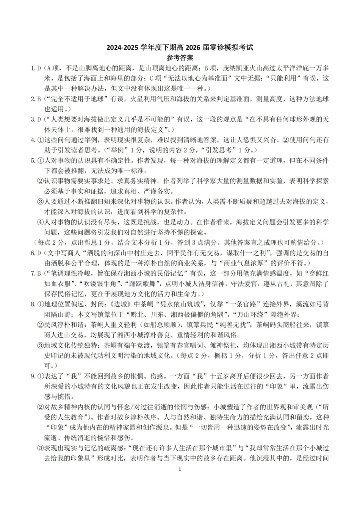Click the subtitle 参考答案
(x=180, y=58)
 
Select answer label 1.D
(x=35, y=69)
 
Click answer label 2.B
(x=35, y=99)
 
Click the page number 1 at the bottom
(x=180, y=470)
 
